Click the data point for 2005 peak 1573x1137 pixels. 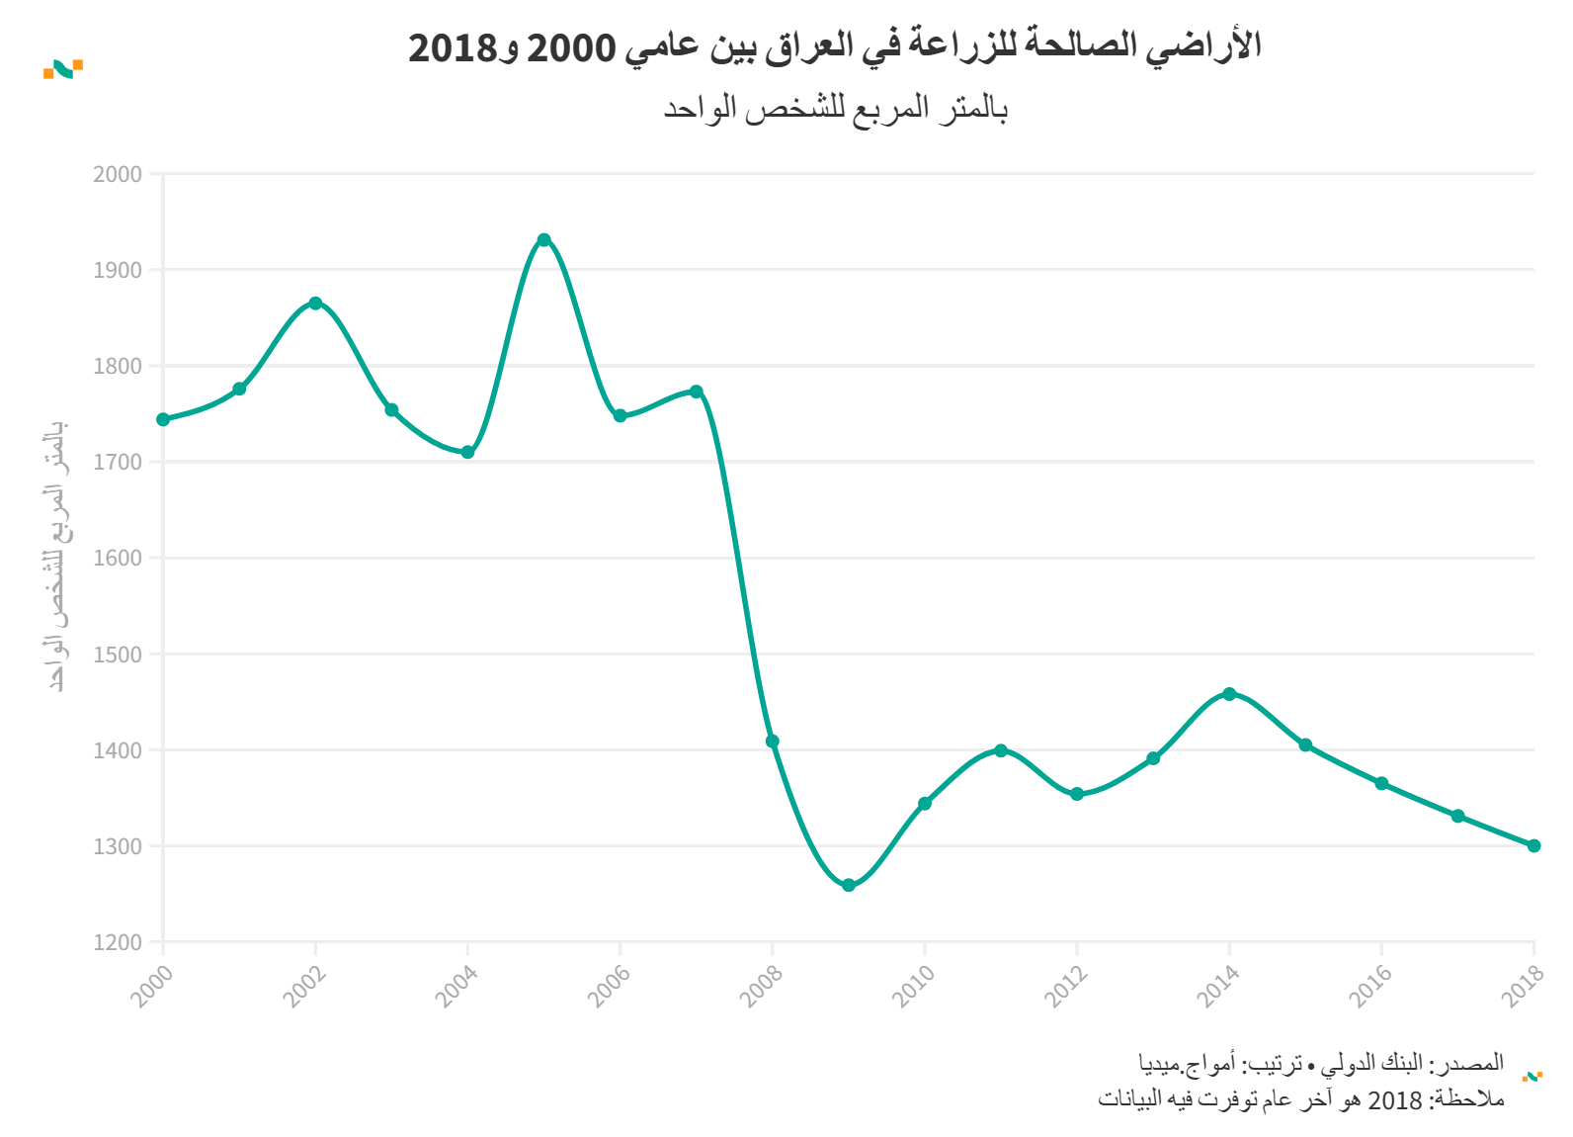(543, 240)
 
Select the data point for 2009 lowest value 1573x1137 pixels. (849, 885)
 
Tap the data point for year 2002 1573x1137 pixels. (315, 304)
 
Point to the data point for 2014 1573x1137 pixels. (1229, 694)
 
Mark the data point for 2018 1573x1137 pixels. (1533, 845)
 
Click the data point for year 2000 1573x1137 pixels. (163, 419)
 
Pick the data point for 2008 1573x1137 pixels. (773, 742)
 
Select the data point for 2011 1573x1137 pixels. (1001, 750)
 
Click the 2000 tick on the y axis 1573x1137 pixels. (118, 175)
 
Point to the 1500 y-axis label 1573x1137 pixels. (118, 655)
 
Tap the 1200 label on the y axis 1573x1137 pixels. (118, 943)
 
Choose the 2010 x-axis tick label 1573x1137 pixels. (914, 986)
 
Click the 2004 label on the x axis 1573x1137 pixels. (457, 986)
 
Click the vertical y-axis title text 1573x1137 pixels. (57, 556)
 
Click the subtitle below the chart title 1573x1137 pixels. (835, 108)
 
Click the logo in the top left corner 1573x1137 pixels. (63, 68)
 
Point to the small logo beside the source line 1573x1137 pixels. (1532, 1076)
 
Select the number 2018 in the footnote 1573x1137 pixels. (1394, 1099)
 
